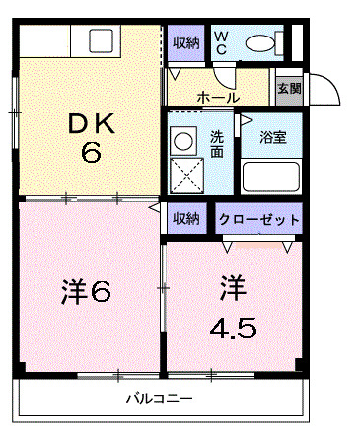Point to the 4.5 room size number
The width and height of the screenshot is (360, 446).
point(234,327)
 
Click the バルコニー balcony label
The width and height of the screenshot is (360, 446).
point(159,400)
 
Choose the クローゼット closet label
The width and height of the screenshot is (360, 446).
point(258,219)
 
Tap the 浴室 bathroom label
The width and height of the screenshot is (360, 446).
point(272,137)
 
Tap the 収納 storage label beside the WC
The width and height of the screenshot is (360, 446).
point(186,42)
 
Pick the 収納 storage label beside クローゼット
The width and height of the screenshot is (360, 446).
point(186,218)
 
